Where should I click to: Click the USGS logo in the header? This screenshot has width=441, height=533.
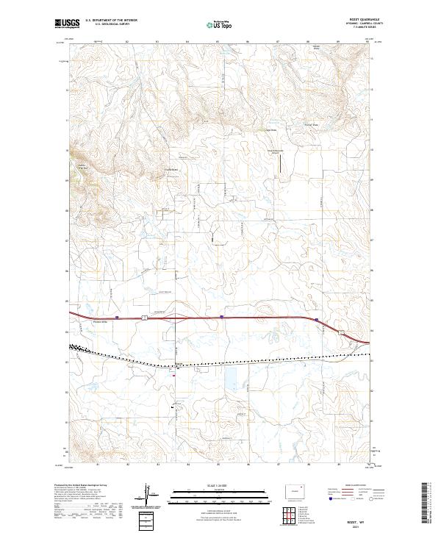coord(67,24)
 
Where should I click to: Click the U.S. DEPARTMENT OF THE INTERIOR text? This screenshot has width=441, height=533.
coord(111,21)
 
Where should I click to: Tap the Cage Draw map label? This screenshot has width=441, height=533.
coord(270,130)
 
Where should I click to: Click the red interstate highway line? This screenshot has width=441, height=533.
coord(220,318)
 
